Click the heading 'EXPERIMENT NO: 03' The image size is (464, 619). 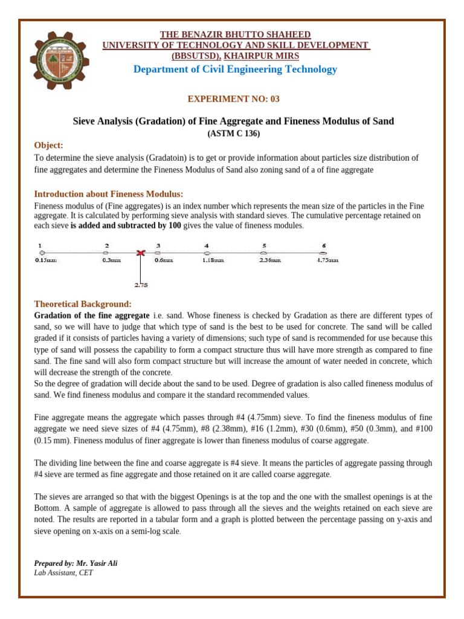[234, 99]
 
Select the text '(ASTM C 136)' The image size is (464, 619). [234, 133]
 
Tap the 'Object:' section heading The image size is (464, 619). [48, 145]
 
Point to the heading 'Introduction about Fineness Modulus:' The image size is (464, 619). [109, 193]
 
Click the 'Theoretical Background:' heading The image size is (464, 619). [83, 303]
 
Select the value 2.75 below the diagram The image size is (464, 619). [141, 284]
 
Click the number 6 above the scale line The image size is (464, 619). [324, 245]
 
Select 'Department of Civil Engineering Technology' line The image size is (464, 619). [235, 69]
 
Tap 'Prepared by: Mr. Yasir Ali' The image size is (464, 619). [76, 563]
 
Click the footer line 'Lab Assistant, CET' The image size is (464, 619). [63, 572]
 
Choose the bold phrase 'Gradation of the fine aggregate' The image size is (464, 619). [92, 316]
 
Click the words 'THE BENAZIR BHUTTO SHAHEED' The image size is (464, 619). [235, 34]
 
